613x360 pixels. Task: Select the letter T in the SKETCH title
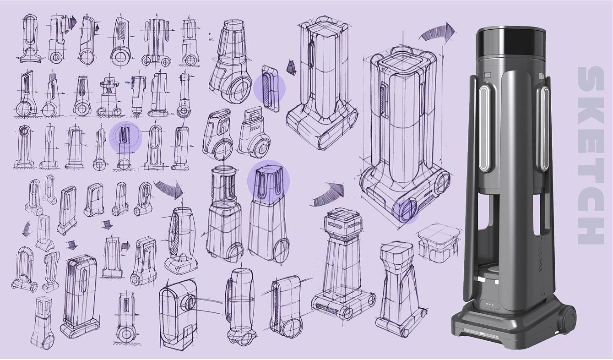591,169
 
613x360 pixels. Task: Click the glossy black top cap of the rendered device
510,43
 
